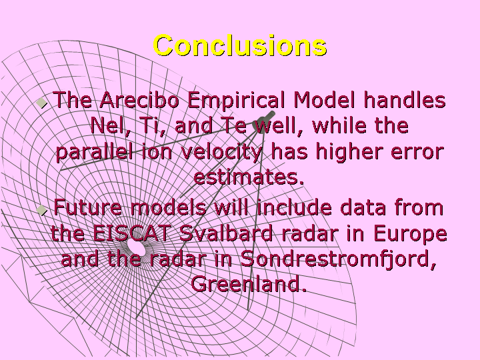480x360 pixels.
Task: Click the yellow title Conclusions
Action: [x=240, y=45]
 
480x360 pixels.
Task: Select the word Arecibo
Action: [x=139, y=100]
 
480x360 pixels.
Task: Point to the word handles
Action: [x=405, y=100]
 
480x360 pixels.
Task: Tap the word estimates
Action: [x=249, y=177]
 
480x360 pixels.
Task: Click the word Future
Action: [x=88, y=207]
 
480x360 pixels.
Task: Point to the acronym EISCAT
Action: [x=132, y=233]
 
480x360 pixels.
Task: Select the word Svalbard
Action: [x=225, y=233]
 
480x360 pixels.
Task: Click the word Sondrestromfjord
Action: [x=338, y=259]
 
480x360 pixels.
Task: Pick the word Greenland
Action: [x=249, y=284]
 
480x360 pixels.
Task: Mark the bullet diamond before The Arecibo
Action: [x=41, y=103]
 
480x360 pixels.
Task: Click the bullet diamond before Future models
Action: [x=41, y=210]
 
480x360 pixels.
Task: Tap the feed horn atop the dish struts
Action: [x=265, y=118]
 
